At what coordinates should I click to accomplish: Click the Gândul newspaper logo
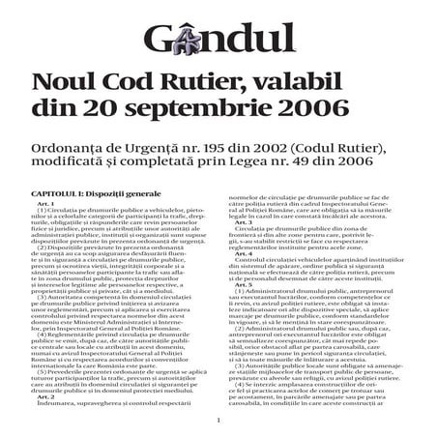218,40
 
